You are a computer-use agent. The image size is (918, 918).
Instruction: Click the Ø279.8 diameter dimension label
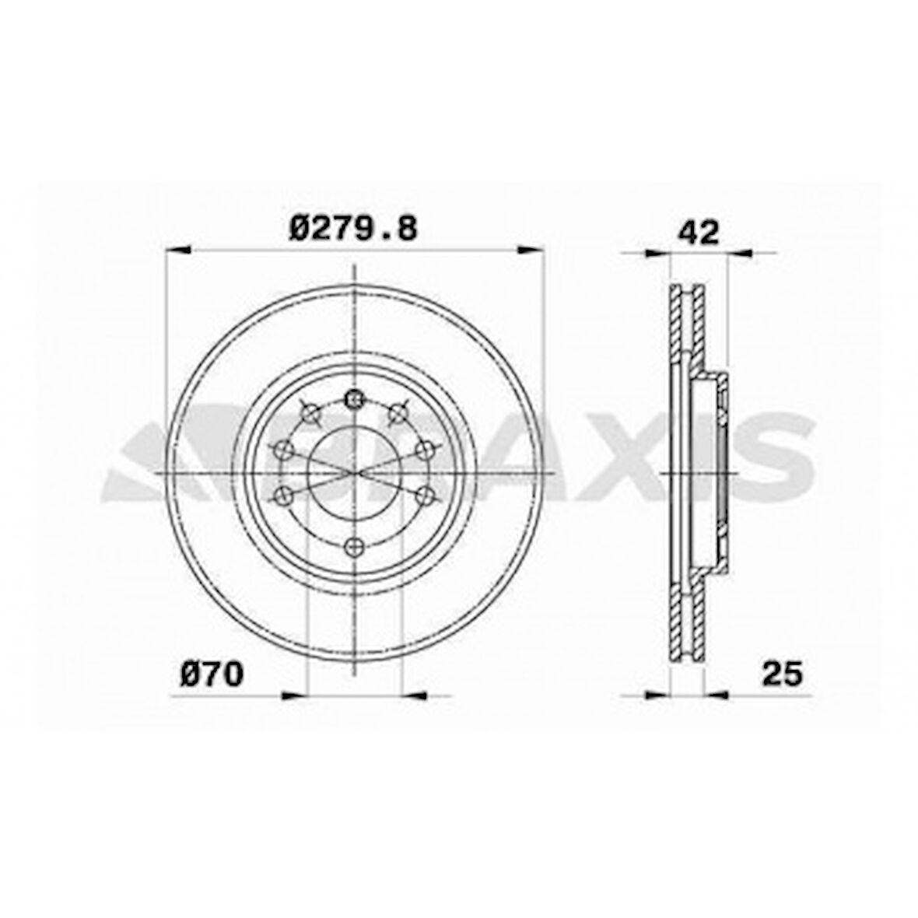353,229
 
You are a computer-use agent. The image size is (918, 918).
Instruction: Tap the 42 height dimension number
699,232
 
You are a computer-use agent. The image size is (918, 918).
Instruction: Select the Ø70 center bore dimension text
212,674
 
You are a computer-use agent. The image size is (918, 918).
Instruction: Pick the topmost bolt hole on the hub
355,399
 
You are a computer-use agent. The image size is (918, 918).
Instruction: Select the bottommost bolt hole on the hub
355,546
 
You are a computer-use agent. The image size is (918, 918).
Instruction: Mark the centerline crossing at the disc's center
355,472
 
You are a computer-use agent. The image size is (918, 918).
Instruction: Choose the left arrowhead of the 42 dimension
658,252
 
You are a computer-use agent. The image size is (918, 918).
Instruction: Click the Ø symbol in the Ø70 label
191,674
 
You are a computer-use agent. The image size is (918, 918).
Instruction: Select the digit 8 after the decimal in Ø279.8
406,229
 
